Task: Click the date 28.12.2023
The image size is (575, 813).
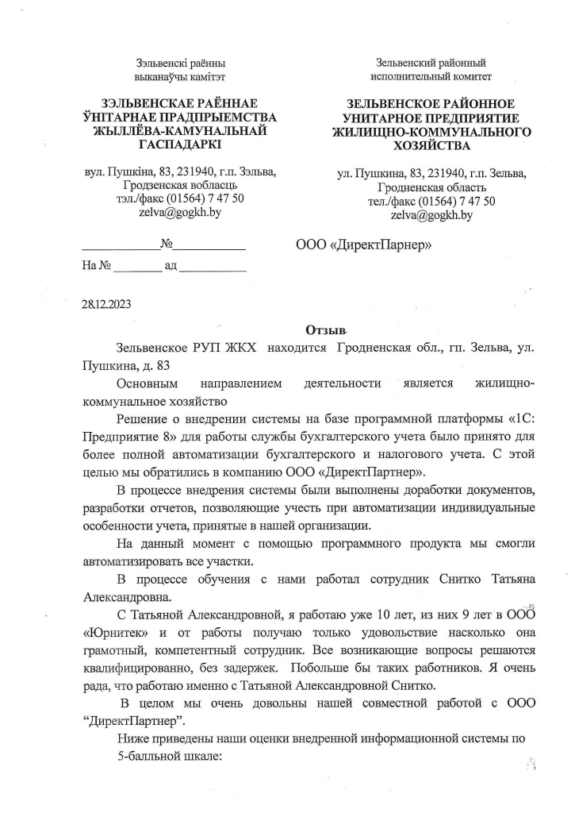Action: click(107, 304)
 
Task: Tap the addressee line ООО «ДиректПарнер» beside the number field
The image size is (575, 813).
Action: click(363, 245)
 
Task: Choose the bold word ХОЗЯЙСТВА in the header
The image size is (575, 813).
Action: click(431, 146)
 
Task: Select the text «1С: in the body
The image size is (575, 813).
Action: click(513, 419)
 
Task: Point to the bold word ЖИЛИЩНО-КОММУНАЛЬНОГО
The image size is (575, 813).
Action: click(431, 132)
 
